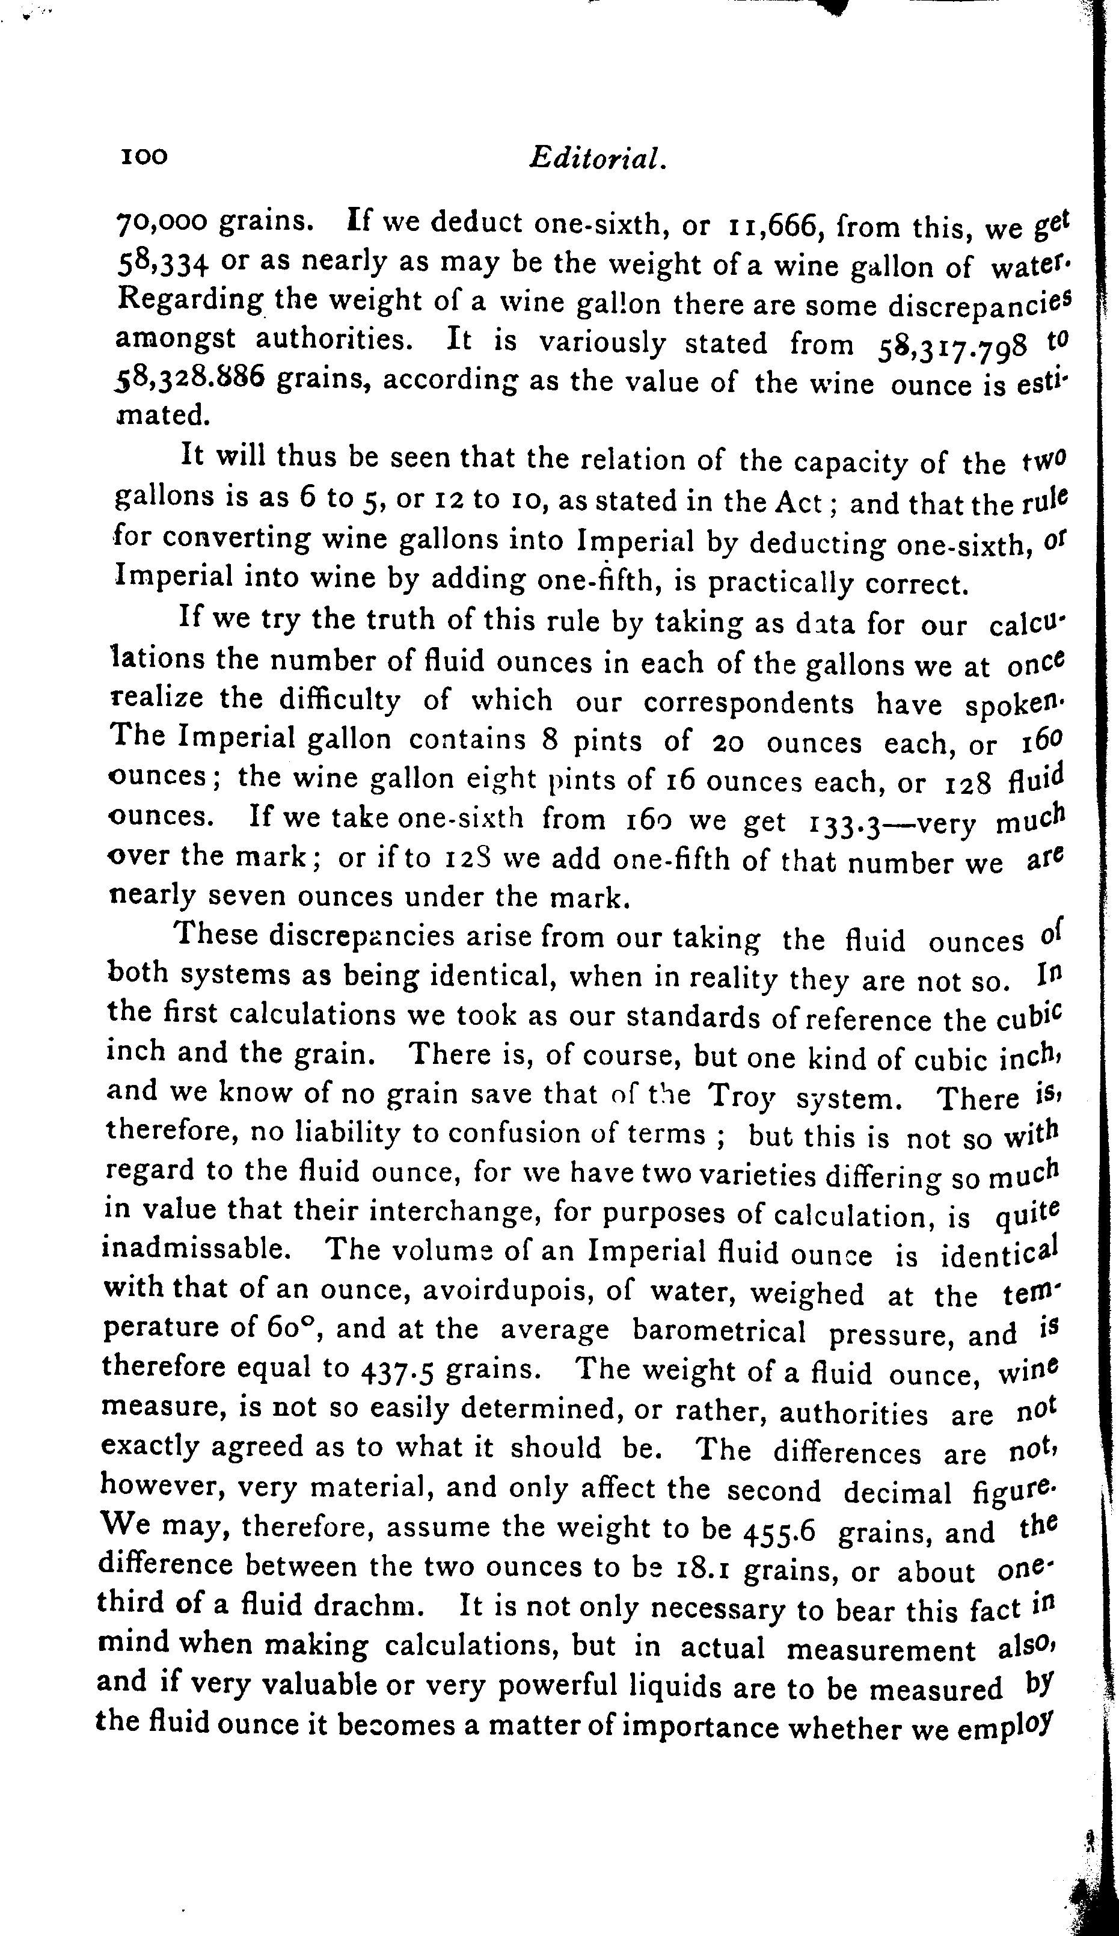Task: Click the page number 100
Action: [x=144, y=157]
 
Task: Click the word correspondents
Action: [x=748, y=703]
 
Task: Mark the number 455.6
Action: [x=779, y=1531]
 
